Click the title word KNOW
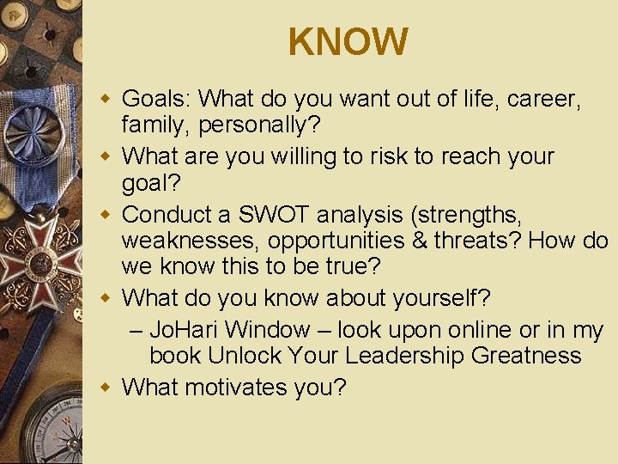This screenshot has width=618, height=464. (x=348, y=42)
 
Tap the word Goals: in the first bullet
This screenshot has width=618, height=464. (x=161, y=100)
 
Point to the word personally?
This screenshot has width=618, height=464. (x=260, y=125)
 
